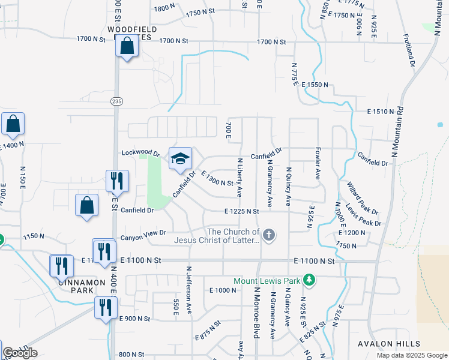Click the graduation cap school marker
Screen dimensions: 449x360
point(180,159)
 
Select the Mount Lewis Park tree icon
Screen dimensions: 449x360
point(309,280)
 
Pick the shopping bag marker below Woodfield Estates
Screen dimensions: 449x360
point(127,46)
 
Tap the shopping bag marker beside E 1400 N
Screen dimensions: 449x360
point(13,124)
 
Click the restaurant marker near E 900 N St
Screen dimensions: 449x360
point(106,307)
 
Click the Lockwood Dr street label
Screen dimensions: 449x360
point(140,153)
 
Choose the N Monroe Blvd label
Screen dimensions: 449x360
point(256,312)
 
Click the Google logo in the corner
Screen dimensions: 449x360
point(20,353)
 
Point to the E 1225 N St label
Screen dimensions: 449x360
point(241,211)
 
